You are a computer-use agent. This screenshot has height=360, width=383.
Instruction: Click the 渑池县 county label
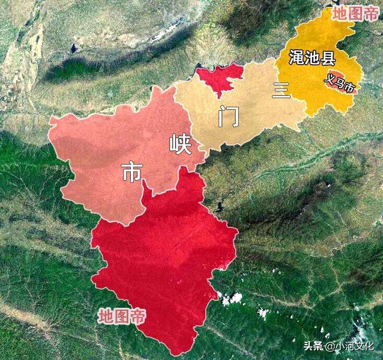pyautogui.click(x=312, y=58)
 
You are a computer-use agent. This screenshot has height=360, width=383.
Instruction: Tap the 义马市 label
pyautogui.click(x=340, y=83)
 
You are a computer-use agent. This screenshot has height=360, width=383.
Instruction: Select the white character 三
pyautogui.click(x=282, y=90)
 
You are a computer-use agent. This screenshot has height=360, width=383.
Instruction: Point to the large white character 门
pyautogui.click(x=228, y=116)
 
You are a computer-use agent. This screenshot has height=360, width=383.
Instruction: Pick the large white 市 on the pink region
pyautogui.click(x=132, y=172)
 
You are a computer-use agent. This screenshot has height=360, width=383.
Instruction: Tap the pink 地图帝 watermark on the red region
pyautogui.click(x=122, y=316)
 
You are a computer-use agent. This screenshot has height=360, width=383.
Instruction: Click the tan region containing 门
pyautogui.click(x=249, y=110)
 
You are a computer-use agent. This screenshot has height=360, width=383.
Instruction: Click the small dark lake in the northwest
pyautogui.click(x=73, y=48)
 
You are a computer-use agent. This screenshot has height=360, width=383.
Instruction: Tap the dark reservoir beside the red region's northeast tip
pyautogui.click(x=219, y=207)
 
